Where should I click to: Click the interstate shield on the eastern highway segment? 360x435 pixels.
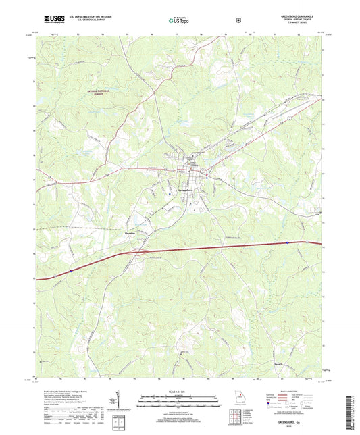288,242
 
